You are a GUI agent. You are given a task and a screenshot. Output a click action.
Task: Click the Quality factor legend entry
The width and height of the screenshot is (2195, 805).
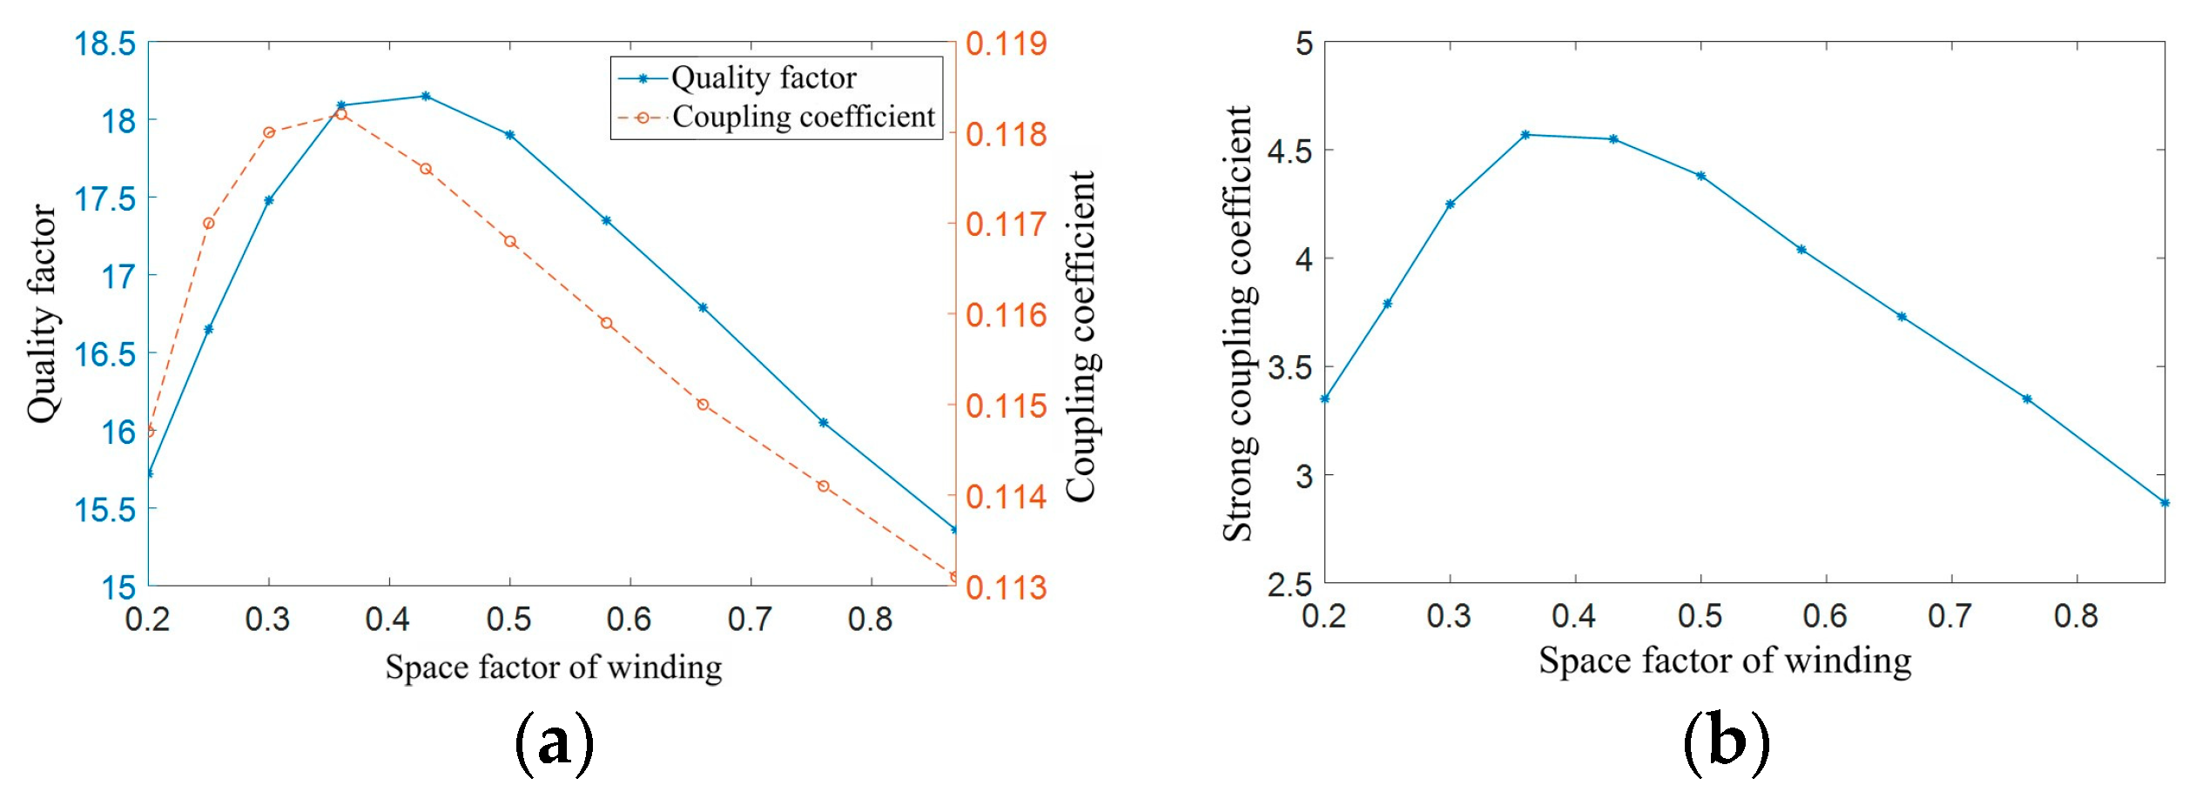[763, 78]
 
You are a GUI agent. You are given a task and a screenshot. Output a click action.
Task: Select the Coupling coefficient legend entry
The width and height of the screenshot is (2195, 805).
[803, 117]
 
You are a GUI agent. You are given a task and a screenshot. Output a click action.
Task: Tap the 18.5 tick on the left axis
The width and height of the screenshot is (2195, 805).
[105, 44]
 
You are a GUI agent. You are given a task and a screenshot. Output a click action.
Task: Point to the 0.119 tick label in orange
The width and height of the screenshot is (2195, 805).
[1006, 44]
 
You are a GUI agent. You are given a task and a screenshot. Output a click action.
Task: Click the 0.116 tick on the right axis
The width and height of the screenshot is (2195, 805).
[1006, 315]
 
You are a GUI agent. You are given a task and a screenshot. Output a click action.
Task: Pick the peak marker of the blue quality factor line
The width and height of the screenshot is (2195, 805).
[426, 96]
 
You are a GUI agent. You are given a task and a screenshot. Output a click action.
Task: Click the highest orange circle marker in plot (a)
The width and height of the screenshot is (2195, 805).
[341, 114]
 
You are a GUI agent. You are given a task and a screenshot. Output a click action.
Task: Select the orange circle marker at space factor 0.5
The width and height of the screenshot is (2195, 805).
[510, 241]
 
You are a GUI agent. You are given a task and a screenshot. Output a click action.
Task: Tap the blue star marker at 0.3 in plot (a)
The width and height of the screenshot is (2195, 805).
[269, 200]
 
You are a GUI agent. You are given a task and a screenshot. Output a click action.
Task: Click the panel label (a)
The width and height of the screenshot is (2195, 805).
[554, 742]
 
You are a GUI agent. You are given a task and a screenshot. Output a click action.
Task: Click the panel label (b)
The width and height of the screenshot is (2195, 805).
[1726, 742]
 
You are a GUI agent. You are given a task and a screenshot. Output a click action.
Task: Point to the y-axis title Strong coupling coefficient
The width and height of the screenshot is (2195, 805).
[1237, 324]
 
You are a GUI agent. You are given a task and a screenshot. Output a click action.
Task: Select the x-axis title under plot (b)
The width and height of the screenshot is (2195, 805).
[1725, 661]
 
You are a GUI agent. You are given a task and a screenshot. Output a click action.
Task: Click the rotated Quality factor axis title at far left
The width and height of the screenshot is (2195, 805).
[41, 313]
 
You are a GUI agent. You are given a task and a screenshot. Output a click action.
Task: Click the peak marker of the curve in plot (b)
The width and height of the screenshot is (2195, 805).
[1525, 135]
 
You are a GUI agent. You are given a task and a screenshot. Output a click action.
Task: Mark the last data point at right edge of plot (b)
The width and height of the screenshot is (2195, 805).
[2165, 502]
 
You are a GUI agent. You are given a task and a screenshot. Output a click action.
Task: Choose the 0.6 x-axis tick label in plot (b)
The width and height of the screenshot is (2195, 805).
[1825, 616]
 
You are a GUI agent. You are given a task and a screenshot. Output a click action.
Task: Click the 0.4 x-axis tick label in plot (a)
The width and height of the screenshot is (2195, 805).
[387, 620]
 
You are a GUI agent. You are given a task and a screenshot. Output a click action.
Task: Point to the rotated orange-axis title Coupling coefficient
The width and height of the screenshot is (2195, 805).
[1081, 336]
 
